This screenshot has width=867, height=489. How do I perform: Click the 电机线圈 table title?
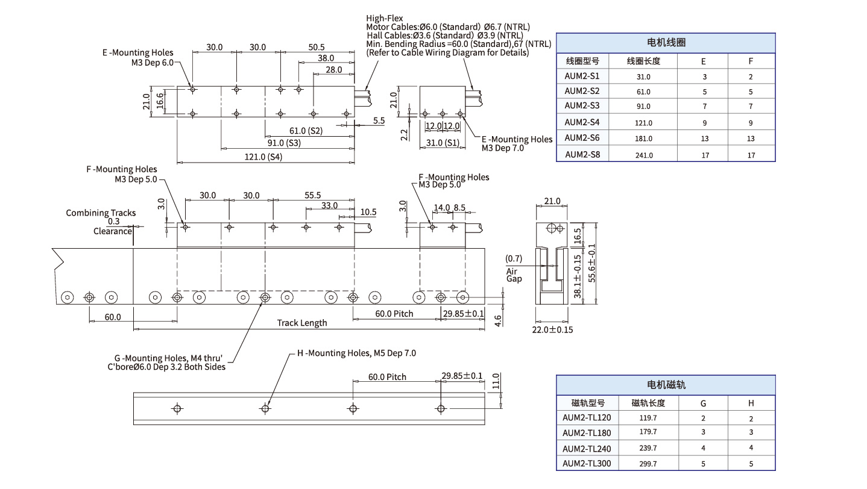click(666, 43)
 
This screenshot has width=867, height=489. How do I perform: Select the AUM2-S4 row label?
click(582, 122)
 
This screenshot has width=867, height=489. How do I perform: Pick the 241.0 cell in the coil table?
click(643, 155)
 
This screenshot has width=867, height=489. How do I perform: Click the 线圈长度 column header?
click(643, 61)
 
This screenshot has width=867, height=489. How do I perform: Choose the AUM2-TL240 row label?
click(586, 448)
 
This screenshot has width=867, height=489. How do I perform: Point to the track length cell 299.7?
click(648, 464)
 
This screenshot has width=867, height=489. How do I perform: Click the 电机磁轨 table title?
click(666, 385)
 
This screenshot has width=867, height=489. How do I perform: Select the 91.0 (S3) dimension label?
click(284, 143)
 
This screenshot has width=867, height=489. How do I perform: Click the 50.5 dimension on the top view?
click(316, 47)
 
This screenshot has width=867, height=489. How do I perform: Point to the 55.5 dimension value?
click(312, 196)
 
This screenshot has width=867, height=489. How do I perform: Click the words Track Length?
click(302, 323)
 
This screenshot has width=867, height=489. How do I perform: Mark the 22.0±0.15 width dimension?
click(552, 330)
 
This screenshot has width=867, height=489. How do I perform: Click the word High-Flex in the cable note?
click(385, 19)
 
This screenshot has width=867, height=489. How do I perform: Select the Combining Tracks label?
click(101, 213)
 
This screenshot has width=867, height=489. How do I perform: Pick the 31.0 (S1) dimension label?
click(442, 143)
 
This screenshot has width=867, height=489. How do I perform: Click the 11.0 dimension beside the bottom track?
click(496, 382)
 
